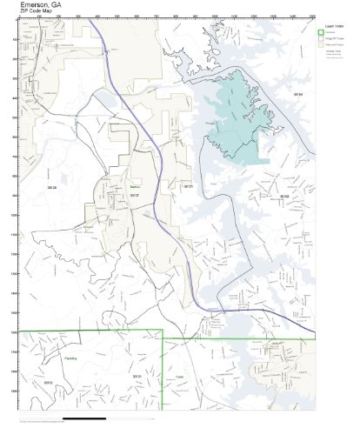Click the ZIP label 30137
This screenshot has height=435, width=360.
point(134,196)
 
